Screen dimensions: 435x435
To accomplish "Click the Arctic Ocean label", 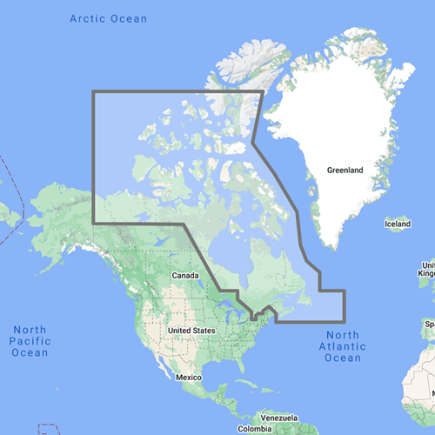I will pos(108,18).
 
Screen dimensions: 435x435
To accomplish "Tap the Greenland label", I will pos(345,171).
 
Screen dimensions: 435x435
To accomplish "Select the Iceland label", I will pos(398,225).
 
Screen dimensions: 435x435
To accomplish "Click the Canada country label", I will pos(185,276).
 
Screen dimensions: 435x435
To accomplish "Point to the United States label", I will pos(191,331).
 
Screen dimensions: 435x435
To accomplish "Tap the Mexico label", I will pos(189,378).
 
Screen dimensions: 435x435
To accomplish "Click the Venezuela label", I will pos(281,418).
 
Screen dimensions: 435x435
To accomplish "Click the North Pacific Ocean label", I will pos(30,340).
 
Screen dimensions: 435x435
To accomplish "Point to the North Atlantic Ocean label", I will pos(342,346).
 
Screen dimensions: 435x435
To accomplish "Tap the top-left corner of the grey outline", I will pos(93,91).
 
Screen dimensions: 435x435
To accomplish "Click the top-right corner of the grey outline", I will pos(261,91).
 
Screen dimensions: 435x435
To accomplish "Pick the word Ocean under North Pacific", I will pos(30,352).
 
